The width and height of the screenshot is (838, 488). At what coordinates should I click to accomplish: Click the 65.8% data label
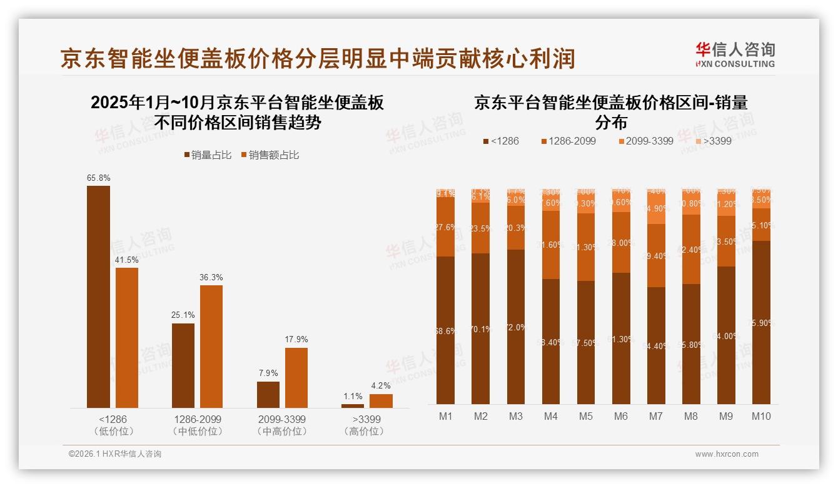tap(98, 178)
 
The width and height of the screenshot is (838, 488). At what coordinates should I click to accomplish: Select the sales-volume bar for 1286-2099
tap(183, 365)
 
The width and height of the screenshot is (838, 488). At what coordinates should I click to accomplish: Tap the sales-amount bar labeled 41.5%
tap(127, 338)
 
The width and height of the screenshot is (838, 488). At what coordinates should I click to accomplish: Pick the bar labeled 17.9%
tap(296, 378)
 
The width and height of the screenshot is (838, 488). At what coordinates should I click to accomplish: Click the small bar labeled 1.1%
tap(353, 406)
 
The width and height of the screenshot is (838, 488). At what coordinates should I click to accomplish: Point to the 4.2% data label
tap(381, 386)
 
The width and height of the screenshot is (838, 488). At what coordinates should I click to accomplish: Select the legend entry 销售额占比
tap(270, 155)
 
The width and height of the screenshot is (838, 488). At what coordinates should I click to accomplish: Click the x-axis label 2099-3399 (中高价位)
tap(282, 425)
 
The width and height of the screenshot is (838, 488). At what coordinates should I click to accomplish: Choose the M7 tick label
tap(656, 416)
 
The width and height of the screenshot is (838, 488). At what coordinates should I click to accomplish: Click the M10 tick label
tap(761, 416)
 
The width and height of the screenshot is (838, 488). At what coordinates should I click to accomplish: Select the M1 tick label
tap(446, 416)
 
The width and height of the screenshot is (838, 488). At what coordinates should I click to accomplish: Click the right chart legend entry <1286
tap(501, 141)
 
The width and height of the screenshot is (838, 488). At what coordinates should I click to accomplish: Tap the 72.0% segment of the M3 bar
tap(516, 327)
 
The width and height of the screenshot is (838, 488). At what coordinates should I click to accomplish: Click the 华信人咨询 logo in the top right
tap(735, 54)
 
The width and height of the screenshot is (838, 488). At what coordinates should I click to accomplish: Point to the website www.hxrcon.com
tap(727, 454)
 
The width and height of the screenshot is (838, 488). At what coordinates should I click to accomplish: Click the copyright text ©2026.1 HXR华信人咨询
tap(115, 454)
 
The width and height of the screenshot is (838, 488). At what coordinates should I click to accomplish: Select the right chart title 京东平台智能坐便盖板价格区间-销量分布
tap(611, 111)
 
